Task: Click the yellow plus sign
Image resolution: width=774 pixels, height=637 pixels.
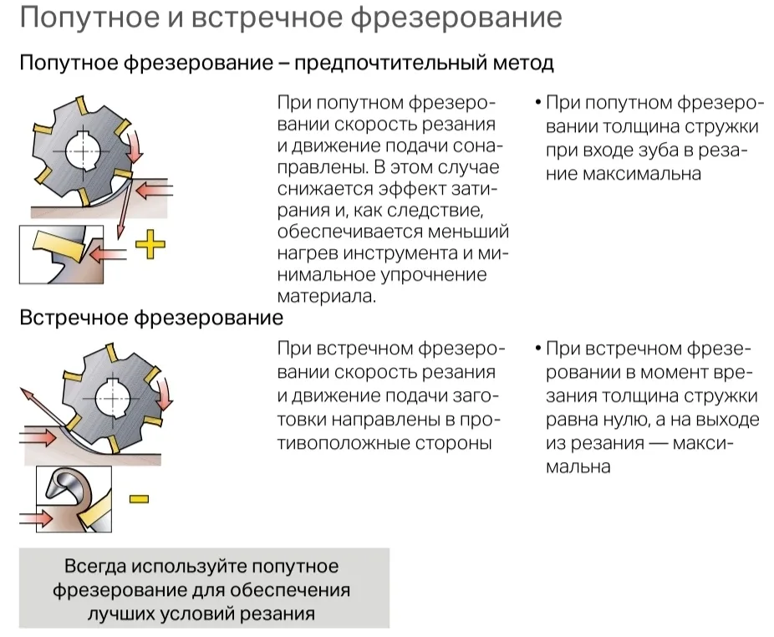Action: click(x=150, y=244)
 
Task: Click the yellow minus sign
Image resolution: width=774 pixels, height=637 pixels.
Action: click(x=140, y=499)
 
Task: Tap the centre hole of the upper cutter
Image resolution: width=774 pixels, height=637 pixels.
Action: click(x=83, y=150)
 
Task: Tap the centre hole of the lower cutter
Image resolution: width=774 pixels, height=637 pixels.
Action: click(x=113, y=398)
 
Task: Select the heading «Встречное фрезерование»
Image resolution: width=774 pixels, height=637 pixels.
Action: click(x=151, y=318)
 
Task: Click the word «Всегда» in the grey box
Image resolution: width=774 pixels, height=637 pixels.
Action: click(x=94, y=566)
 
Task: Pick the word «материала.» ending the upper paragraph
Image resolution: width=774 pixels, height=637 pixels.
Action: click(x=326, y=296)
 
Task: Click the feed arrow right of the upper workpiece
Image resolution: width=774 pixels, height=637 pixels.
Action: click(x=154, y=190)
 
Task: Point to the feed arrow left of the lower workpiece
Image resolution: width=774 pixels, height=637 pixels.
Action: click(x=38, y=437)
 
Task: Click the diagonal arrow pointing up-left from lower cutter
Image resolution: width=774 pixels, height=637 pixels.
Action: click(x=42, y=405)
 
